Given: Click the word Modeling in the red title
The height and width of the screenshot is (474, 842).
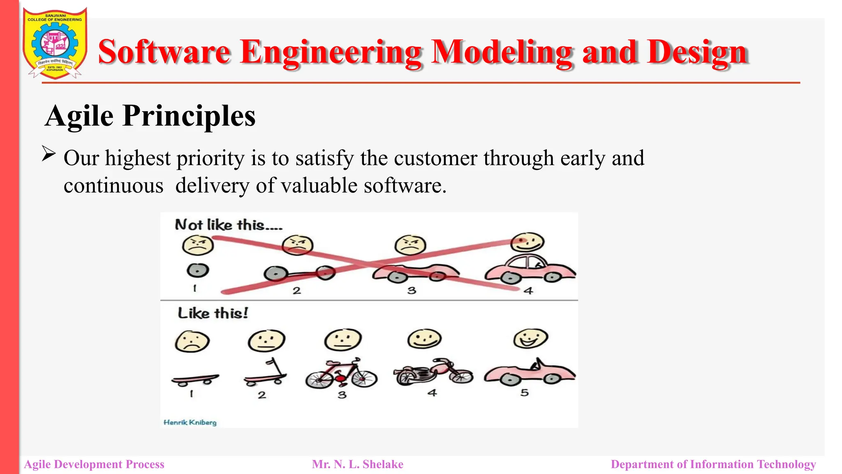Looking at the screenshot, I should point(502,52).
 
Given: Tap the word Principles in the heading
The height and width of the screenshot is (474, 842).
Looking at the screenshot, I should point(189,116).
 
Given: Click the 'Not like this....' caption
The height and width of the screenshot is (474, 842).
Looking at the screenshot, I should point(229,225).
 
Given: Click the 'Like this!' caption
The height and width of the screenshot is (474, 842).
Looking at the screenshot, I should point(213,313).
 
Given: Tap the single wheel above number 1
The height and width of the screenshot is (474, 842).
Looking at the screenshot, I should point(198,270).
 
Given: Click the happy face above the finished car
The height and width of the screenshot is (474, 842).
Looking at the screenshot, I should point(527,242).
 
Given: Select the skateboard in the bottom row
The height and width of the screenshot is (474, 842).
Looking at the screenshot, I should point(195,379).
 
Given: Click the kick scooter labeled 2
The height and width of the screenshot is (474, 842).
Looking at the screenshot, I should point(266,373).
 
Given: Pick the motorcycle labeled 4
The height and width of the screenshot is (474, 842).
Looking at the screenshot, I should point(433,372).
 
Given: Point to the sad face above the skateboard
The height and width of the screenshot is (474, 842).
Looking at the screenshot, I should point(192,342).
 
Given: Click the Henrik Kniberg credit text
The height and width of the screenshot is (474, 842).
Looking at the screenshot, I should point(190,423).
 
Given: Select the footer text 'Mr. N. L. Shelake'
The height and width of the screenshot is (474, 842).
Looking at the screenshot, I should point(357,465).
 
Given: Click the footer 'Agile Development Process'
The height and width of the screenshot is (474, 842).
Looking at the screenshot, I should point(94,465).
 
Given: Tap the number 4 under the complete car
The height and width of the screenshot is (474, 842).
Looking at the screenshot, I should point(528,291).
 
